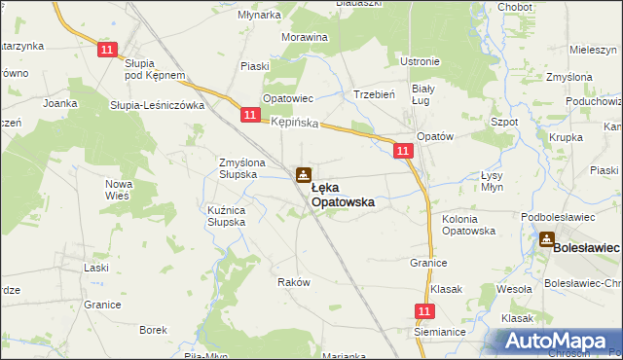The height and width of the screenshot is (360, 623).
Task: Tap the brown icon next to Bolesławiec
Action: point(547,238)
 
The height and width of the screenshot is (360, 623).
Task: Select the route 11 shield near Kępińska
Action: point(250,116)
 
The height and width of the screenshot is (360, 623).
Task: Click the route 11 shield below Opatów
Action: point(403,150)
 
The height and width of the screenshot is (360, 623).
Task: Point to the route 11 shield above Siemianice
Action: point(422,310)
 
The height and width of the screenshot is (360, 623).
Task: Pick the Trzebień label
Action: point(373,94)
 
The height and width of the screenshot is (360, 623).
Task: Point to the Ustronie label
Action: point(420,61)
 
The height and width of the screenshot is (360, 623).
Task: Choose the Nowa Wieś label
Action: point(118,190)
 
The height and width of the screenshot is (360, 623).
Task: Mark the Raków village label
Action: point(293,282)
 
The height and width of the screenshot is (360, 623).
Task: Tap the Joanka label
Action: point(60,102)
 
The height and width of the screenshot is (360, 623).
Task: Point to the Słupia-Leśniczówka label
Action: point(155,104)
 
